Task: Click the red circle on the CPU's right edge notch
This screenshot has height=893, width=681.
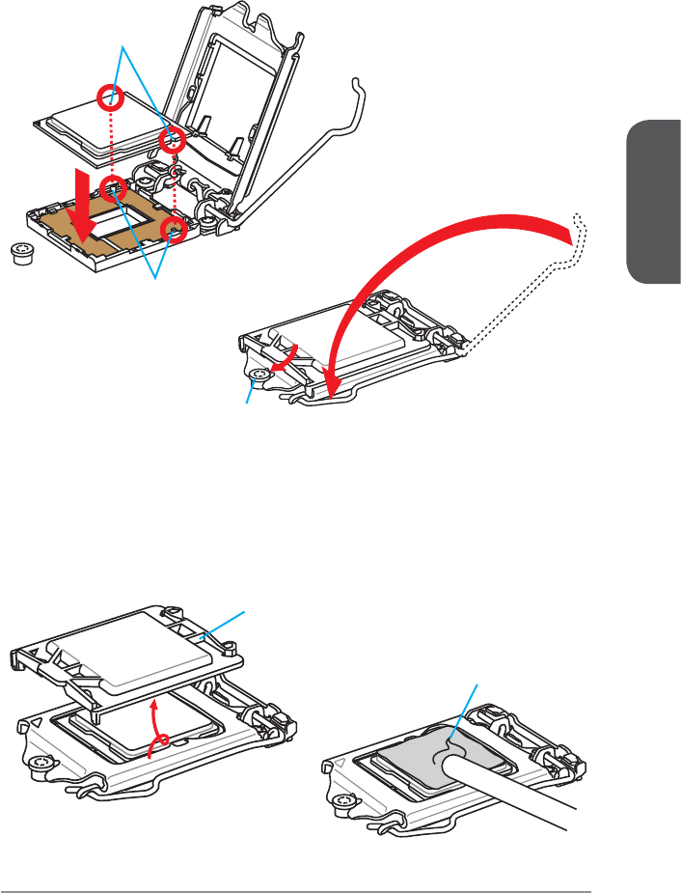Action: (174, 140)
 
